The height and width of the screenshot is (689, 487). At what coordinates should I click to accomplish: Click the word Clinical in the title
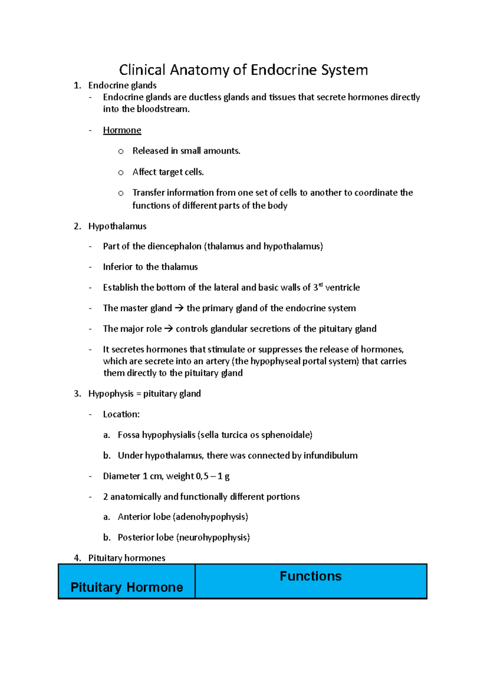[x=142, y=70]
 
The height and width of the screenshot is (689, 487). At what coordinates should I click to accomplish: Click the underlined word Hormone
[x=122, y=130]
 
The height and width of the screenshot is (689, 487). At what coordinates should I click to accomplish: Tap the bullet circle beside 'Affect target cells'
[x=121, y=172]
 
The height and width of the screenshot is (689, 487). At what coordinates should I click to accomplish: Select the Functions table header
[x=310, y=576]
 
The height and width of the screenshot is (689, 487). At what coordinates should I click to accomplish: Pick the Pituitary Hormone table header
[x=127, y=587]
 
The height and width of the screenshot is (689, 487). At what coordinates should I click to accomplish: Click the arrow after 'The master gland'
[x=179, y=308]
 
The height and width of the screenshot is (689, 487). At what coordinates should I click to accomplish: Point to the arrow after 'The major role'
[x=168, y=329]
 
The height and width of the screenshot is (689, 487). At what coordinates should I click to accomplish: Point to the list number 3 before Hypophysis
[x=77, y=394]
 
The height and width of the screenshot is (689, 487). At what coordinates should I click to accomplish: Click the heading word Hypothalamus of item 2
[x=117, y=226]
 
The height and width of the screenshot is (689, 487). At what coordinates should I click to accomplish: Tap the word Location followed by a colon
[x=120, y=414]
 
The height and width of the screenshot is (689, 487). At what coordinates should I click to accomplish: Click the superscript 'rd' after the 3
[x=321, y=285]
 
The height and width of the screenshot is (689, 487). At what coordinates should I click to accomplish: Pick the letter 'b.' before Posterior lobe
[x=107, y=538]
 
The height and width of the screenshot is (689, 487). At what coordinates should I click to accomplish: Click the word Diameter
[x=121, y=476]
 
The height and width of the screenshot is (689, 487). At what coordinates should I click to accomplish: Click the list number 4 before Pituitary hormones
[x=77, y=558]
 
